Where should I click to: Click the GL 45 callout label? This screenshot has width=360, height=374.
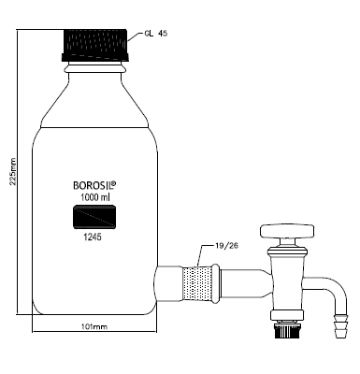[156, 34]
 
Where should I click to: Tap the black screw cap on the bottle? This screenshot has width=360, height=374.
[95, 45]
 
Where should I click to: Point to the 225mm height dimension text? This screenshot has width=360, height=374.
[13, 172]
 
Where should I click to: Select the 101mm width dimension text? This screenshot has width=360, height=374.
[94, 327]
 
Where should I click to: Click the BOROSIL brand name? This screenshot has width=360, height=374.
[93, 185]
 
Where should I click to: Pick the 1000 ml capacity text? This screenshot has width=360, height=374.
[95, 197]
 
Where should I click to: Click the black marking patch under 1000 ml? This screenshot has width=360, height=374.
[94, 217]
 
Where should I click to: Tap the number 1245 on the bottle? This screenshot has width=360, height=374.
[93, 237]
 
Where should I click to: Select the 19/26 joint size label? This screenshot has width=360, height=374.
[226, 246]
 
